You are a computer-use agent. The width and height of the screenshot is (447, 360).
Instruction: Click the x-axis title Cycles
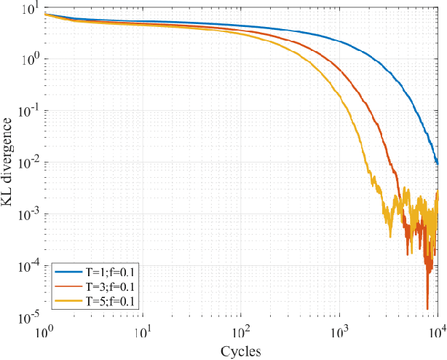[x=242, y=351]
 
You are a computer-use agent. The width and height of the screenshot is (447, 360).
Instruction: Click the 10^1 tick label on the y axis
[x=31, y=9]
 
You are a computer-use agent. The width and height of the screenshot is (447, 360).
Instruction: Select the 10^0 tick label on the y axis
[x=31, y=60]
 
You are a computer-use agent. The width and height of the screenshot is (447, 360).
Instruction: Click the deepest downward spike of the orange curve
[x=427, y=309]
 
